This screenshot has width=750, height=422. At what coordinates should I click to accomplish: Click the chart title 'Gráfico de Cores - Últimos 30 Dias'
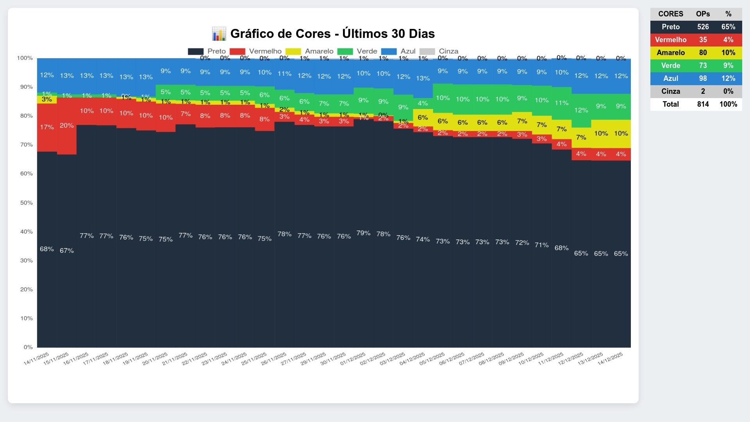coord(332,34)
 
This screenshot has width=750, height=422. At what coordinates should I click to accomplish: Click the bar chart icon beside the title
coord(219,34)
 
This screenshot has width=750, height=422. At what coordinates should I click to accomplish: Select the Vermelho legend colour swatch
coord(237,51)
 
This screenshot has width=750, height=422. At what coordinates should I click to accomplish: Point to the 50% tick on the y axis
coord(27,203)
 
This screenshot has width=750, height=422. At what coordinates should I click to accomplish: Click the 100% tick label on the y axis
coord(25,58)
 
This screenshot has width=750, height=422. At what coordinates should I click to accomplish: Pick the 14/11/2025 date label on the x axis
coord(36,358)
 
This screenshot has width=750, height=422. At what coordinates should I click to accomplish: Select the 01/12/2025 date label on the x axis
coord(353,358)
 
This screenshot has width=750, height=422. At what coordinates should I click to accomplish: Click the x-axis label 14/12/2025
coord(610,358)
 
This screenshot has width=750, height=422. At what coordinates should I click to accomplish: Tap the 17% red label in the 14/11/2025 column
coord(47,127)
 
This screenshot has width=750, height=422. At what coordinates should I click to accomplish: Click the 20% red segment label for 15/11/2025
coord(67,125)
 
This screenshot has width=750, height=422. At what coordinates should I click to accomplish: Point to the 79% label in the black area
coord(363,233)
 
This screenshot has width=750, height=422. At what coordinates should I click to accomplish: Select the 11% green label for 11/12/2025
coord(561,103)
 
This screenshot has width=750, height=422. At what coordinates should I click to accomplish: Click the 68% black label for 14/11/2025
coord(47,249)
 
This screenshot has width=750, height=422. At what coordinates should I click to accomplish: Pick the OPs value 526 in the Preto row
coord(703,27)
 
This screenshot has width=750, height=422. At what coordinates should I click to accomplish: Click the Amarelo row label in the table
coord(671,53)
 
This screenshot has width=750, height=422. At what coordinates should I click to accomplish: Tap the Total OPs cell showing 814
coord(703,104)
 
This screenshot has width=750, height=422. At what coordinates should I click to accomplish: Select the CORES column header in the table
coord(671,14)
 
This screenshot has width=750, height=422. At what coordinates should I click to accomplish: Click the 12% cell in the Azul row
coord(728,79)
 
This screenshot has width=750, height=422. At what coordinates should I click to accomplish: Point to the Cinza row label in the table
coord(671,91)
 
